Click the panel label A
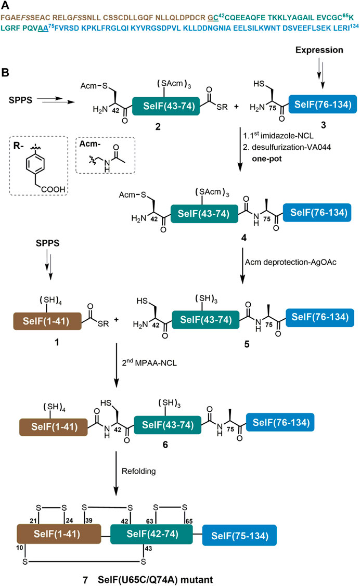[5, 5]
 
